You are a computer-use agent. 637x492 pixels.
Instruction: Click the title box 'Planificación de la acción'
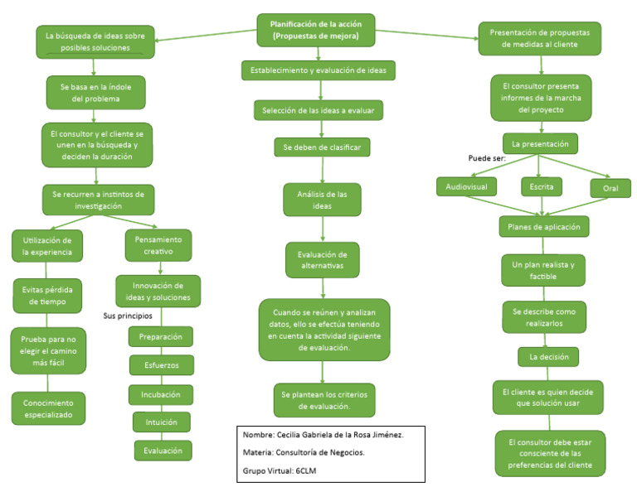315,30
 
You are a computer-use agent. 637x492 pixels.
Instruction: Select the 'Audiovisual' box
467,187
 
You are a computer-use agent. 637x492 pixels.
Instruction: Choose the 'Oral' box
610,188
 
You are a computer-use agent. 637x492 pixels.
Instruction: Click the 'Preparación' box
161,337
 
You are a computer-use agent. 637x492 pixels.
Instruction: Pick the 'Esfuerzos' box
161,364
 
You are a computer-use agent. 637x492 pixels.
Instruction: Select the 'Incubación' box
161,394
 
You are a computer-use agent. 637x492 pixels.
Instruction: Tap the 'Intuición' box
161,422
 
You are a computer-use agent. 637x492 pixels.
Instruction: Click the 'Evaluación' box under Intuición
163,450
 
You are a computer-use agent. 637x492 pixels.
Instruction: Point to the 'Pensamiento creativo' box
158,245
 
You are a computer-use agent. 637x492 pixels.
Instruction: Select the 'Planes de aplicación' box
543,226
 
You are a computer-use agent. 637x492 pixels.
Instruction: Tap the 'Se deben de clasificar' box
322,147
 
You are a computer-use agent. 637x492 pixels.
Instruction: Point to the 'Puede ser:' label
488,157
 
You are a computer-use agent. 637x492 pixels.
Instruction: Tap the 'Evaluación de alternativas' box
323,258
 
